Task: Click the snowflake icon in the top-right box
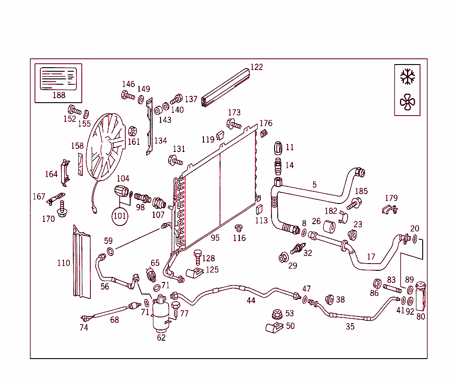point(407,77)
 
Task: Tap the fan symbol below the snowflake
point(407,102)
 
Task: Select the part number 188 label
point(59,95)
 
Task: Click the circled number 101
point(120,216)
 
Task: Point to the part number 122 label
point(256,67)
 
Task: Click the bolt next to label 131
point(175,160)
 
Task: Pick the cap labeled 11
point(278,147)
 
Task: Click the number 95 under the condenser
point(215,238)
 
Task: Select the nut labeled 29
point(283,258)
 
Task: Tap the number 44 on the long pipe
point(251,300)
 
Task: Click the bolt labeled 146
point(127,95)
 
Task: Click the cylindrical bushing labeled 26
point(330,227)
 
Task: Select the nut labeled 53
point(276,314)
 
